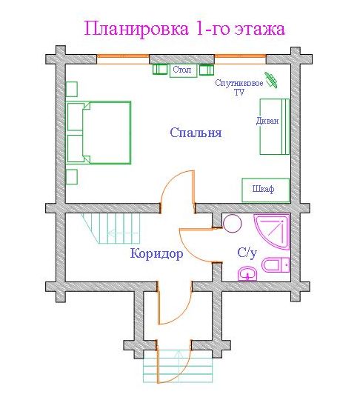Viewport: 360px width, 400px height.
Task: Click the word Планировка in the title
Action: click(x=136, y=29)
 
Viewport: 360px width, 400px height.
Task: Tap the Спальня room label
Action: click(x=196, y=133)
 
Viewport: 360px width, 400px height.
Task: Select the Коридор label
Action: click(x=156, y=253)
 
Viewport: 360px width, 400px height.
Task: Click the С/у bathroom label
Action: click(x=247, y=253)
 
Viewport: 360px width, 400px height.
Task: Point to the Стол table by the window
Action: click(x=184, y=70)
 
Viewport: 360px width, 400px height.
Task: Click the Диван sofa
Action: click(x=275, y=127)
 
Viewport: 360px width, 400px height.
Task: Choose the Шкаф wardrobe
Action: click(x=266, y=190)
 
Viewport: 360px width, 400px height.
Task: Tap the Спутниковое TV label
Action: click(x=239, y=87)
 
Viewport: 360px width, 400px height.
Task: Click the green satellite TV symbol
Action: click(x=271, y=80)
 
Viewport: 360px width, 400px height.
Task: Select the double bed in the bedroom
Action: click(x=99, y=133)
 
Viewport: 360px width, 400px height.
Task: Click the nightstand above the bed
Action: click(x=71, y=89)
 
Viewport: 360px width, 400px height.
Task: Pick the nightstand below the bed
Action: click(x=71, y=176)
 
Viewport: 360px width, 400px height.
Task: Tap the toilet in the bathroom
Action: click(x=276, y=265)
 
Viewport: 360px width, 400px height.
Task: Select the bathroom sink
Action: click(x=247, y=273)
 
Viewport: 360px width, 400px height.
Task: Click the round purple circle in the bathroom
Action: click(x=232, y=224)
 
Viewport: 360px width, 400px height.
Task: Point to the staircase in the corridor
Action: click(x=112, y=229)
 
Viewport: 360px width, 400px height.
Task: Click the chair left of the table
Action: click(x=160, y=70)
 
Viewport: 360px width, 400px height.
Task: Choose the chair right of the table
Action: click(x=207, y=70)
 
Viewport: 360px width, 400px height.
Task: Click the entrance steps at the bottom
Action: click(x=178, y=366)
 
